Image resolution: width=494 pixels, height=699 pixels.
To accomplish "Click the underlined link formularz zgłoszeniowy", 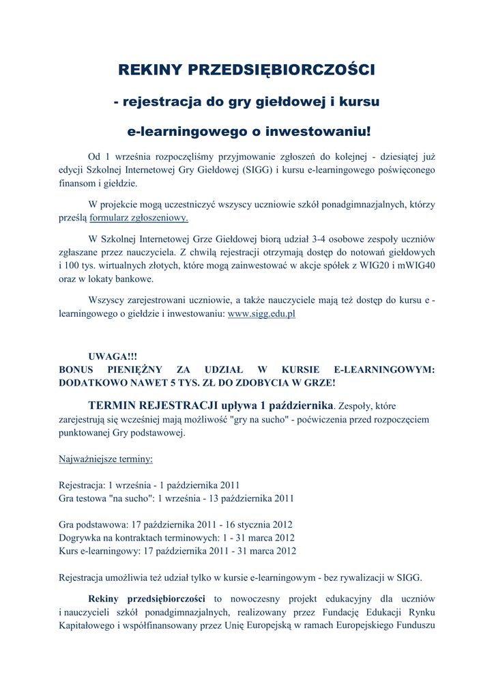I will [x=144, y=218].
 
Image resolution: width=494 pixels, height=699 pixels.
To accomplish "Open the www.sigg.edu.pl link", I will [x=261, y=315].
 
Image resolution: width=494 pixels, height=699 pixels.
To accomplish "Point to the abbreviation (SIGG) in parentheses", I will [x=259, y=169].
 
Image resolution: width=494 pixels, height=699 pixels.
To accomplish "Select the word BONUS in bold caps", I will [x=76, y=369].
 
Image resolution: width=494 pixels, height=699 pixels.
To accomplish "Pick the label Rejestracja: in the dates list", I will [x=83, y=485].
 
